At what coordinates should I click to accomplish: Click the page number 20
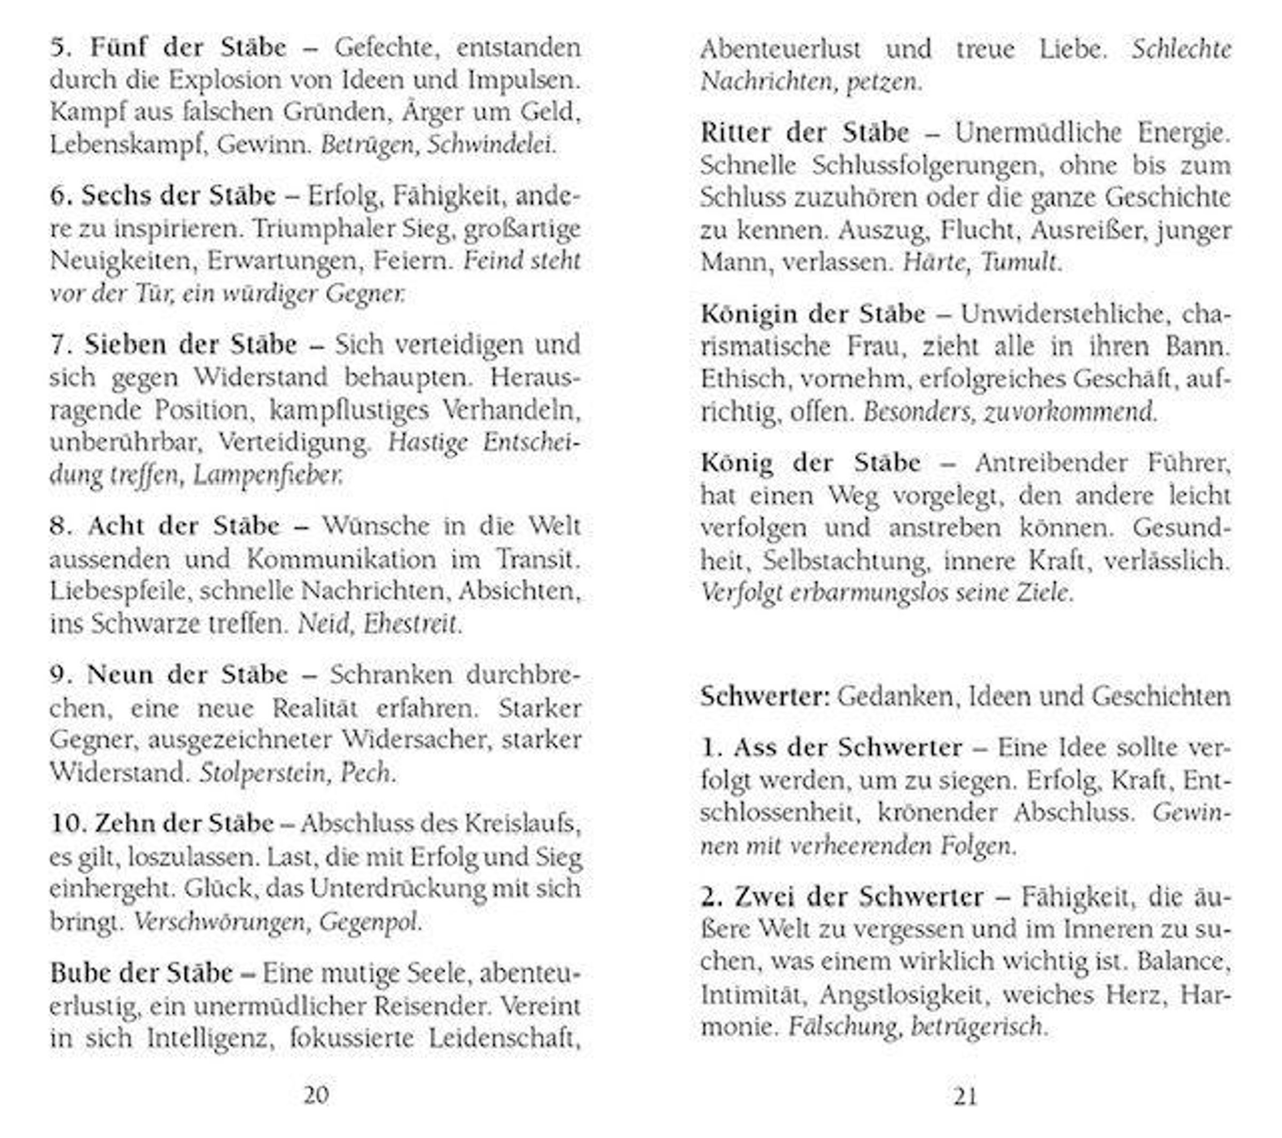point(316,1095)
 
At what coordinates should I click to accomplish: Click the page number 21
point(965,1096)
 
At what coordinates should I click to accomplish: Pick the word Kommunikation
point(341,558)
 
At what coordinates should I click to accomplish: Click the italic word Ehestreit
point(411,624)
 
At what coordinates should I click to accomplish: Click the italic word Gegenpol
point(368,922)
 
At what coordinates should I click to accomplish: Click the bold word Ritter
point(735,132)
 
